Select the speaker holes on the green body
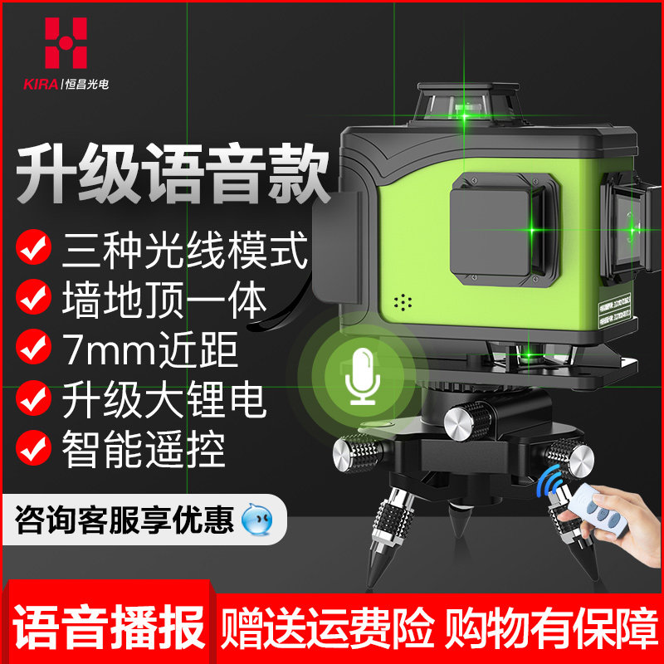(x=403, y=300)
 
